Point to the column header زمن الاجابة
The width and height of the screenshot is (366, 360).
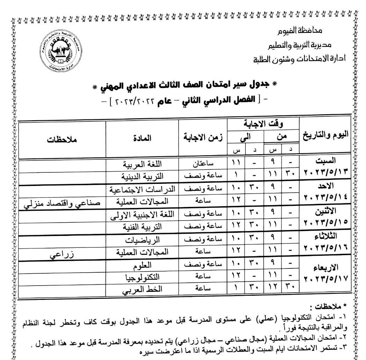tap(203, 138)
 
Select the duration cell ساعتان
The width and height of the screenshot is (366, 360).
tap(203, 163)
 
